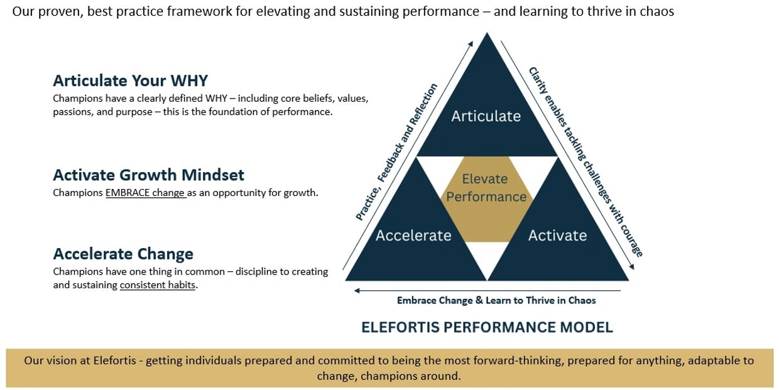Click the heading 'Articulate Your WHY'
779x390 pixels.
(x=131, y=80)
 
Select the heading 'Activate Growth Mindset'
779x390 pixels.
(x=148, y=175)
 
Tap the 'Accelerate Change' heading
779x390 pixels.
(x=123, y=254)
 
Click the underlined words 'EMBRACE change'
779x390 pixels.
(x=145, y=193)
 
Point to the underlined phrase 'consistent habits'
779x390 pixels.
(x=158, y=285)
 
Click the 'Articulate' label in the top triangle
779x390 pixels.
(x=486, y=116)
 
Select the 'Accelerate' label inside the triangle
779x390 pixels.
(x=413, y=236)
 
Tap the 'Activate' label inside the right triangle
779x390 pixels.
(x=557, y=236)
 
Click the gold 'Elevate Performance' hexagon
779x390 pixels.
(x=486, y=199)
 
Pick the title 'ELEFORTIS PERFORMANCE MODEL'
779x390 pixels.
(x=487, y=327)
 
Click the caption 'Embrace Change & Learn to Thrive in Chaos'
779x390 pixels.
(x=496, y=300)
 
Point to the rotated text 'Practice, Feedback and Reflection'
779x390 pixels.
(x=396, y=151)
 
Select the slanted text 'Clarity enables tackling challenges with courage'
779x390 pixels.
(x=586, y=162)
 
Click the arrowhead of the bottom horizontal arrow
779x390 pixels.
(x=356, y=291)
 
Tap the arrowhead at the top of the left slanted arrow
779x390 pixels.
(x=471, y=43)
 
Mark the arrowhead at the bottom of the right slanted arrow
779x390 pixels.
(x=632, y=267)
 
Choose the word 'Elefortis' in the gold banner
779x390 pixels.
(x=114, y=360)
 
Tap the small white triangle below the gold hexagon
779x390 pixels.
(x=487, y=257)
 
